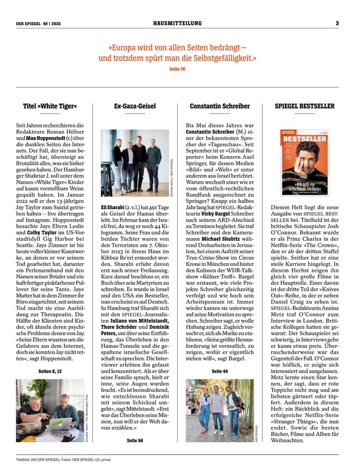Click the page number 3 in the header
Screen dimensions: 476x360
(337, 23)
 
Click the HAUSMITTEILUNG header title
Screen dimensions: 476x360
(177, 23)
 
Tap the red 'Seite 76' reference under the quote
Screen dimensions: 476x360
(177, 69)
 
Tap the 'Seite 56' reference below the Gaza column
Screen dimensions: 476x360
(135, 440)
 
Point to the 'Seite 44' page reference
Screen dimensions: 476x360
(220, 371)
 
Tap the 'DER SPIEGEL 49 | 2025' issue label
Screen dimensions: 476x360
(39, 23)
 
